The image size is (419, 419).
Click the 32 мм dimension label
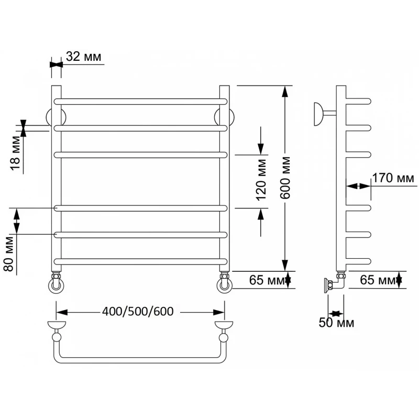tap(84, 57)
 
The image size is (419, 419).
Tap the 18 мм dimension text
tap(16, 153)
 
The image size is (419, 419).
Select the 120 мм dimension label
tap(261, 180)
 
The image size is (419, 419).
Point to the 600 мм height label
tap(285, 178)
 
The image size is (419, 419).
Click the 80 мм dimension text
tap(9, 254)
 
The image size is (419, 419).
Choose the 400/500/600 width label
tap(138, 311)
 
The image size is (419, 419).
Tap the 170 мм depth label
tap(393, 178)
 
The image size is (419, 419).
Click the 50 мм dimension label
tap(336, 323)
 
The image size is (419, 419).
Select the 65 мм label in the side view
tap(377, 280)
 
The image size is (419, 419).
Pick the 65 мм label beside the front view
tap(267, 280)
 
